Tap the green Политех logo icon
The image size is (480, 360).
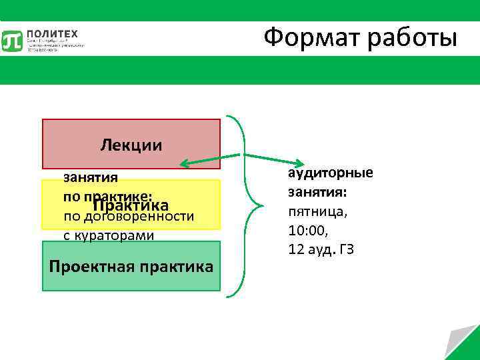(x=13, y=41)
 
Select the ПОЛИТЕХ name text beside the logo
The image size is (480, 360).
(x=53, y=34)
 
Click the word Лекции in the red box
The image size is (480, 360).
(x=131, y=145)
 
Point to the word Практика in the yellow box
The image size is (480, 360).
(x=131, y=206)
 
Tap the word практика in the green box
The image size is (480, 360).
(x=175, y=267)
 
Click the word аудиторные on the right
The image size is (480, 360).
(x=330, y=173)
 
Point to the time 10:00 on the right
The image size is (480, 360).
(x=308, y=231)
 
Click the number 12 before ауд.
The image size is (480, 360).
(x=296, y=250)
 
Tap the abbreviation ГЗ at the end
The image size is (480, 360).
(x=347, y=250)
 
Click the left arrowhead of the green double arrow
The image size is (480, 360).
(x=184, y=162)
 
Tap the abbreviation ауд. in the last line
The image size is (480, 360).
(x=321, y=250)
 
